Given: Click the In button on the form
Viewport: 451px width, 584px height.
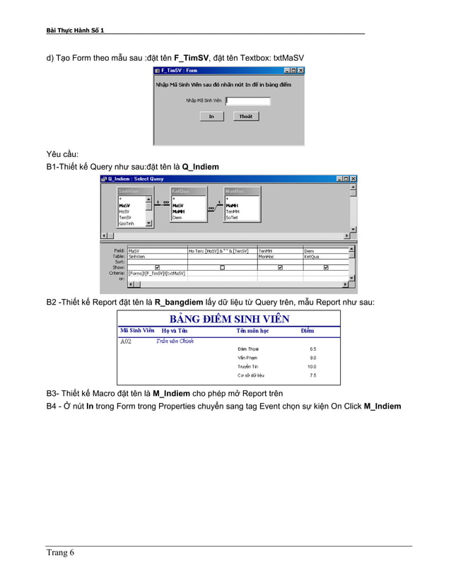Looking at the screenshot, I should coord(211,117).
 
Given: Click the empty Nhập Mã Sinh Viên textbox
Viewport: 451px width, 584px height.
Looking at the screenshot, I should coord(247,101).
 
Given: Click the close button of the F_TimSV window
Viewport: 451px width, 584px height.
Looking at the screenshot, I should coord(300,71).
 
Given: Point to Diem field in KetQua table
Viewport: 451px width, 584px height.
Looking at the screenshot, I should coord(177,218).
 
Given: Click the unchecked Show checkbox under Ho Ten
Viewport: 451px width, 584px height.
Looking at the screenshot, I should coord(221,267).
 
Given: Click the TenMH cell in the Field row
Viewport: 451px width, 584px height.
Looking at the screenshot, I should coord(266,250).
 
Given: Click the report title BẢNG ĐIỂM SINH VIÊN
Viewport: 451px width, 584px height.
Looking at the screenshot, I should coord(229,318).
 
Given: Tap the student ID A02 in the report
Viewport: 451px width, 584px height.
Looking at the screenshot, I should coord(126,341).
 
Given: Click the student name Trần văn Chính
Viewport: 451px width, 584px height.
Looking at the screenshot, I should coord(175,341).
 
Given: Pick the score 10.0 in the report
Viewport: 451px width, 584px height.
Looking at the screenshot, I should coord(312,367).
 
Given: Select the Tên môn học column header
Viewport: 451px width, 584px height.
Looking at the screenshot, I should coord(252,330).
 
